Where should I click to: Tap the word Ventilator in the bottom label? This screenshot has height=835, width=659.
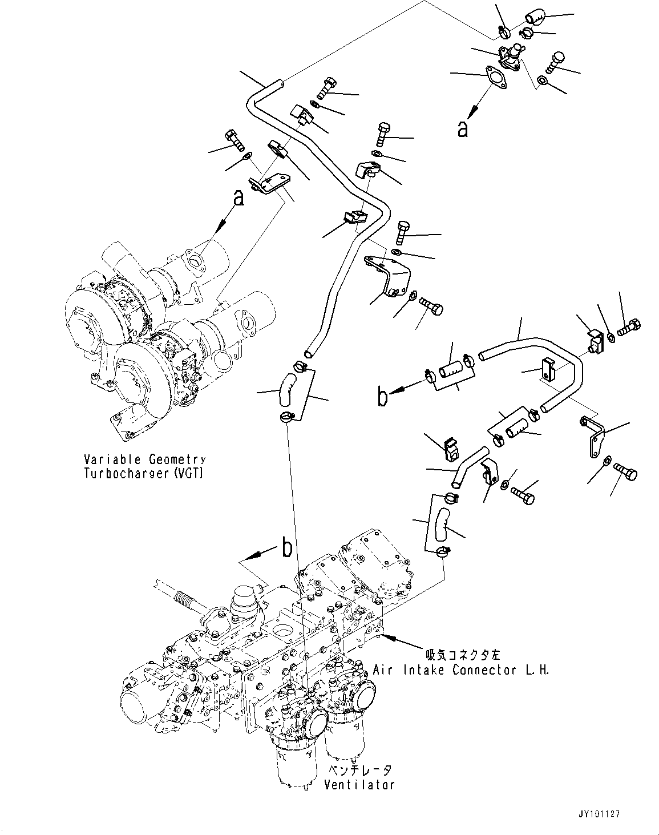pos(359,785)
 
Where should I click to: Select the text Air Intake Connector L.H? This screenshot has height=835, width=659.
pos(461,670)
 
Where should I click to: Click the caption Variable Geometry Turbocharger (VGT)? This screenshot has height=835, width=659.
pos(144,466)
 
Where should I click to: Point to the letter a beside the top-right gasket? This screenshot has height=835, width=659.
pos(463,129)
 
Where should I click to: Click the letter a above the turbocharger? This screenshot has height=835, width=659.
pos(238,198)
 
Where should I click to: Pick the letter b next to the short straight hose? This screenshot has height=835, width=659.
pos(383,397)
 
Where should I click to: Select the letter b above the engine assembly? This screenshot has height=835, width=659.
pos(286,548)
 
